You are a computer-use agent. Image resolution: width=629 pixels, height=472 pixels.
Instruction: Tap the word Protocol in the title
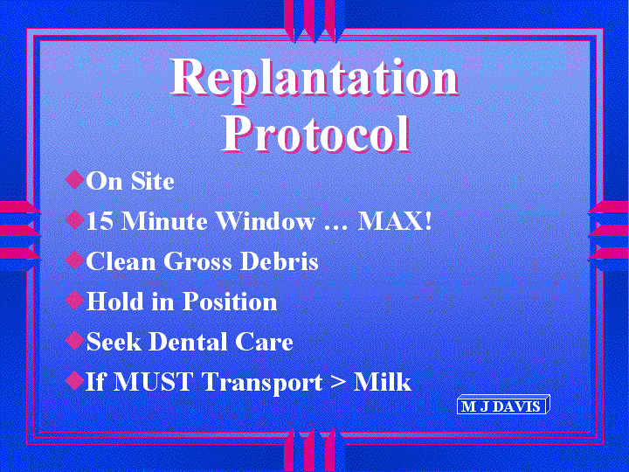pos(316,133)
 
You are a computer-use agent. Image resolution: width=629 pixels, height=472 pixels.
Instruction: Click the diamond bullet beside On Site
pos(74,179)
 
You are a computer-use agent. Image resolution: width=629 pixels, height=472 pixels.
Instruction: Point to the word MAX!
pos(395,221)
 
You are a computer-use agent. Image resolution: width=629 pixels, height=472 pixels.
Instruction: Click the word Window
pos(266,221)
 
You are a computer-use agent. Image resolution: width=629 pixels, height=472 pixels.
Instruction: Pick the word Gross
pos(197,261)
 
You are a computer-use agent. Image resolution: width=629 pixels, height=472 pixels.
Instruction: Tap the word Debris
pos(280,260)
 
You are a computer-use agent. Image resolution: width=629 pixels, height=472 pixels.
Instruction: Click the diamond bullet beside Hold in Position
pos(74,300)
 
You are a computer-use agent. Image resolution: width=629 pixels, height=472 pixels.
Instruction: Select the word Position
pos(230,301)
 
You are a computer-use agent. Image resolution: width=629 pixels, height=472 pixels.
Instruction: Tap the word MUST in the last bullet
pos(153,381)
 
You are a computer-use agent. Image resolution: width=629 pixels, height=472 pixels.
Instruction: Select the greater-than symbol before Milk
pos(338,383)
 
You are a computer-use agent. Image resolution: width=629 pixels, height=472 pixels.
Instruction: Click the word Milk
pos(383,381)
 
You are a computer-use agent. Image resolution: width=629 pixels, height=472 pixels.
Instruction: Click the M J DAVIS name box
pos(503,405)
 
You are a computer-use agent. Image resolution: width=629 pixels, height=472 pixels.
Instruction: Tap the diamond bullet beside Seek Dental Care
pos(74,340)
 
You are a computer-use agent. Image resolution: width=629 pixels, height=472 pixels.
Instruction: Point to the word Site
pos(152,181)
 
